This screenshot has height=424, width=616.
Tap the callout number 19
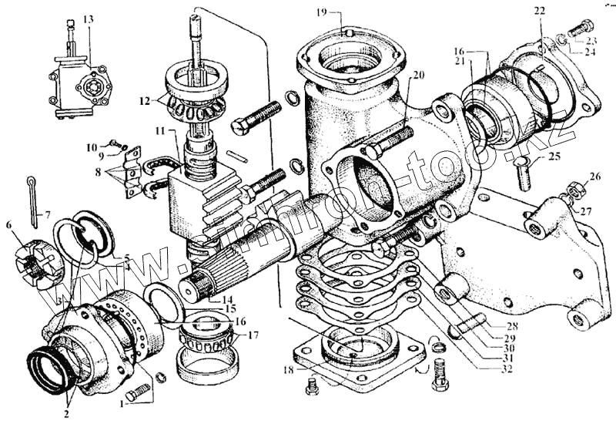322,12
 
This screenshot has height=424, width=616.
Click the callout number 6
9,225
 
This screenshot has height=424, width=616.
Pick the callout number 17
253,335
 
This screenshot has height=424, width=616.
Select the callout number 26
594,177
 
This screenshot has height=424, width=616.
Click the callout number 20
418,76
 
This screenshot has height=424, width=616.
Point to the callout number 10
91,146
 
